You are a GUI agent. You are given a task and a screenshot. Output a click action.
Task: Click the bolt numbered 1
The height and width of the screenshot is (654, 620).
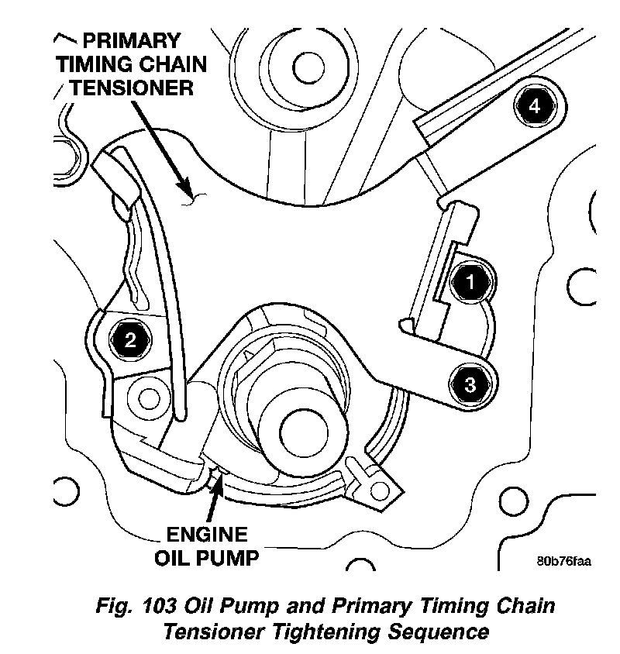point(470,282)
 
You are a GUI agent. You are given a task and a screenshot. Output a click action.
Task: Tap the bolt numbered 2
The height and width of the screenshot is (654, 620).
point(130,339)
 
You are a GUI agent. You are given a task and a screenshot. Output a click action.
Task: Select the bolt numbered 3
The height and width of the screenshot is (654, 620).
point(470,384)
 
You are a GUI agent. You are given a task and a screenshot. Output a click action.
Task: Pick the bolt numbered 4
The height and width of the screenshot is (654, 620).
point(535,106)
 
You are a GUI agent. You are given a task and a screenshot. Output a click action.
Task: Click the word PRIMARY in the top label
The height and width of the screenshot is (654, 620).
point(132,41)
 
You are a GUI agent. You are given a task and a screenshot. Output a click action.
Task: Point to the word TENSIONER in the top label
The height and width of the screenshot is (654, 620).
point(132,88)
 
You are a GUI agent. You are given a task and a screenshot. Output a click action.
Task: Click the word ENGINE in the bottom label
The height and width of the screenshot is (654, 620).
point(207,535)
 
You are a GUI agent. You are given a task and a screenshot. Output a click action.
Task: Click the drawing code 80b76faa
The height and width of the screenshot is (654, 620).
point(563,561)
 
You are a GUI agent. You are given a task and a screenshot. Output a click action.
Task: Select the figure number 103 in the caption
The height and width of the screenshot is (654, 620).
point(159,606)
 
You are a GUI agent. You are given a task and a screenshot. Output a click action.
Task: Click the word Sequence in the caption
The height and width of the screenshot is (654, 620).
point(438,632)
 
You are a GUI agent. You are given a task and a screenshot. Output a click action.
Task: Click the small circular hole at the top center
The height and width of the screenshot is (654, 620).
point(308,68)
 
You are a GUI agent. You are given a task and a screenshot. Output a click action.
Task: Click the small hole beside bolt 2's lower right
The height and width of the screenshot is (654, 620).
point(149,399)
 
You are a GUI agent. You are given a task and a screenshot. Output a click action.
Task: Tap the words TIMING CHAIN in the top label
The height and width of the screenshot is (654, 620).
point(132,64)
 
